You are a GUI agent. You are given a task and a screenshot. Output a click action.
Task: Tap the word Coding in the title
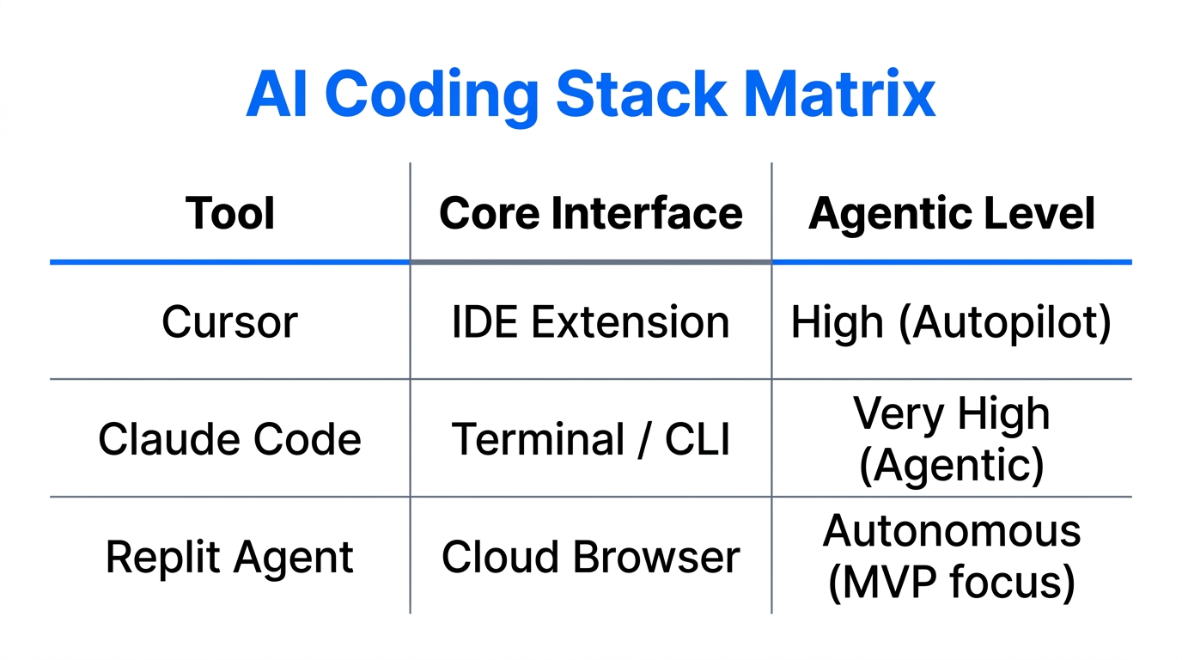[432, 95]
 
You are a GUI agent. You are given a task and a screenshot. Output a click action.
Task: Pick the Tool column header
[230, 213]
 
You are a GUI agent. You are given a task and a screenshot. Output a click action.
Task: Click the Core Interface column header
[591, 213]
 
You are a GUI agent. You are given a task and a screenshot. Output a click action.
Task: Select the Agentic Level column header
[952, 213]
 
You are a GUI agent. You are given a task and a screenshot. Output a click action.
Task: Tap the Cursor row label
[230, 322]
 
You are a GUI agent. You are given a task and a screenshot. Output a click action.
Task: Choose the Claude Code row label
[230, 439]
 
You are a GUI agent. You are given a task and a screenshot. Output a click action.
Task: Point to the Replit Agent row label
[230, 557]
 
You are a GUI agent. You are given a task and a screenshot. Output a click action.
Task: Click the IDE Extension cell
[591, 322]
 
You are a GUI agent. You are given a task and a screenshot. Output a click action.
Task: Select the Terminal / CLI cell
[591, 439]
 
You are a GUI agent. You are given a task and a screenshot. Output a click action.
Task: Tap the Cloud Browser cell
[591, 557]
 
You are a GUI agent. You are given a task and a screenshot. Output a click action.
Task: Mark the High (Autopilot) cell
[952, 322]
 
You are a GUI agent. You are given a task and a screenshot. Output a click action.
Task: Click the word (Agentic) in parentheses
[952, 465]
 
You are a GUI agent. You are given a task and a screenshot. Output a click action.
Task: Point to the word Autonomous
[952, 531]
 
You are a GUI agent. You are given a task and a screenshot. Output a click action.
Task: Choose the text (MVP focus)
[952, 582]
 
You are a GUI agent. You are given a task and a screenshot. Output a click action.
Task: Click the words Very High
[952, 414]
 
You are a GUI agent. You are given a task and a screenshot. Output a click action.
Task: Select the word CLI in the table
[697, 439]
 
